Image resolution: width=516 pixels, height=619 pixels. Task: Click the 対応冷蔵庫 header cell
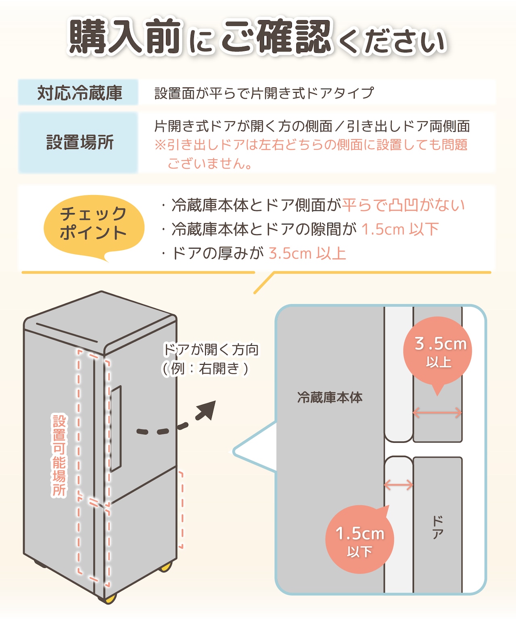point(79,93)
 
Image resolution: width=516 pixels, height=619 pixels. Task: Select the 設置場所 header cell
point(79,143)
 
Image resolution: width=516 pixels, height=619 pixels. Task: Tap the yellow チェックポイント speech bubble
point(94,224)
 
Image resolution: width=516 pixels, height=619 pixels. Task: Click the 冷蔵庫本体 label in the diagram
point(330,398)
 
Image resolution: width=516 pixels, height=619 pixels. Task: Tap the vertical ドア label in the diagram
point(437,527)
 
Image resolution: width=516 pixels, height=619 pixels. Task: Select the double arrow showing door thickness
point(437,412)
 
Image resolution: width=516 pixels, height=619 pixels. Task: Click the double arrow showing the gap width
point(398,485)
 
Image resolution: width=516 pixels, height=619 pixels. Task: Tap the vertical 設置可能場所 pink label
point(59,455)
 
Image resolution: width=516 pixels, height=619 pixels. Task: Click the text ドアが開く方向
point(211,349)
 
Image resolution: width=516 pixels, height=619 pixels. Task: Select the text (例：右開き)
point(205,368)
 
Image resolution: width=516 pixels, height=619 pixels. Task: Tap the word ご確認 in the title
point(277,37)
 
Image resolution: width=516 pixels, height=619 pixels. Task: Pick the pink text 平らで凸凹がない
point(403,205)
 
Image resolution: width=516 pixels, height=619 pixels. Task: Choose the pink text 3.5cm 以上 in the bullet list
point(307,253)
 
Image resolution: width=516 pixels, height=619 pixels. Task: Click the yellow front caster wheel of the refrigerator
point(110,598)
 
